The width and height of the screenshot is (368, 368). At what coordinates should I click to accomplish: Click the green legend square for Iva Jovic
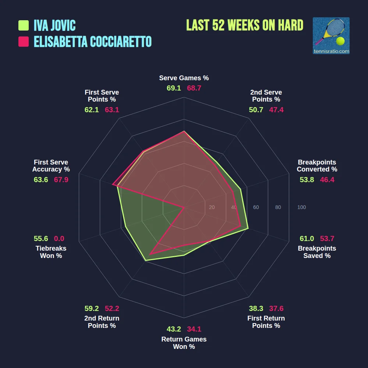(x=24, y=25)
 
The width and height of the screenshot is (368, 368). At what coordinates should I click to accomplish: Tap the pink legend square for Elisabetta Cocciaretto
(x=24, y=42)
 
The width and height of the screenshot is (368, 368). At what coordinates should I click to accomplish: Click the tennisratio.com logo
(x=331, y=36)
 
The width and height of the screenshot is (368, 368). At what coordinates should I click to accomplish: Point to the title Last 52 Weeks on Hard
(x=245, y=25)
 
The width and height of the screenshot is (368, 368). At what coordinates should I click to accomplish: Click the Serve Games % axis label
(x=184, y=78)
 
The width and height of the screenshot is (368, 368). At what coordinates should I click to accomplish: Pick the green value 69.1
(x=174, y=88)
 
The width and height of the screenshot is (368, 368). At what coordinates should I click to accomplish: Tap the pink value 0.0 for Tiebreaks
(x=59, y=238)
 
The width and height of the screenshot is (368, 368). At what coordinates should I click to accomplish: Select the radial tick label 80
(x=278, y=207)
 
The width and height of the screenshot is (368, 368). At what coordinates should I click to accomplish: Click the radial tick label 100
(x=301, y=207)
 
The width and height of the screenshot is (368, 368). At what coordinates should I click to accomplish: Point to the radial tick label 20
(x=212, y=207)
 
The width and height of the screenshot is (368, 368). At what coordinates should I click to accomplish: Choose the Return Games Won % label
(x=184, y=343)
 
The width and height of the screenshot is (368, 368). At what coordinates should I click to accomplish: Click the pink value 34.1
(x=194, y=329)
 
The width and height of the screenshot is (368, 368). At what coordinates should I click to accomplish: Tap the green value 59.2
(x=92, y=309)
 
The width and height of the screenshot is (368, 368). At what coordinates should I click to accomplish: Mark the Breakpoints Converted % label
(x=317, y=166)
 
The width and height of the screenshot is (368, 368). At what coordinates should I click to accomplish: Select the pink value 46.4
(x=327, y=180)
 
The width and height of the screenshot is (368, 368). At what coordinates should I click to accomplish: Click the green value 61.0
(x=307, y=238)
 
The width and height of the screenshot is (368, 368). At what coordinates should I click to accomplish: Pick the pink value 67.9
(x=61, y=180)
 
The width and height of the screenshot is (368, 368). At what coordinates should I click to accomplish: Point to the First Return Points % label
(x=266, y=322)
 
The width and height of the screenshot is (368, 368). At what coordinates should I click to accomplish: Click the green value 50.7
(x=256, y=110)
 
